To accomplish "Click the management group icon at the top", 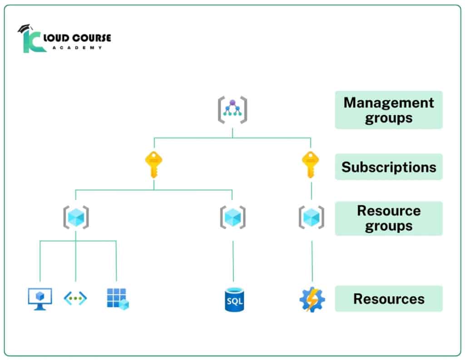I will [232, 110].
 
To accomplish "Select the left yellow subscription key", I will [153, 165].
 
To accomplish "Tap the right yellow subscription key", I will [311, 165].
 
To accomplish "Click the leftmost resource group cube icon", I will [75, 217].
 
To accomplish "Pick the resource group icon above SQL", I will [232, 217].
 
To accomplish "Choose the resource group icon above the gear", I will [312, 217].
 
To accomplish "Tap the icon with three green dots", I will [75, 299].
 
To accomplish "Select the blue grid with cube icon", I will [117, 299].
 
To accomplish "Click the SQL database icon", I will [234, 300].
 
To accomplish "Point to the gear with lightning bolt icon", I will [312, 300].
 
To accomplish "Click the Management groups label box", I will [389, 110].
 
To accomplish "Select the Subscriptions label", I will [389, 167].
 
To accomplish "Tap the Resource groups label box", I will [389, 218].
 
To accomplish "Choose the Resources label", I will [389, 299].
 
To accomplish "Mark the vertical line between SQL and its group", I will [233, 261].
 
